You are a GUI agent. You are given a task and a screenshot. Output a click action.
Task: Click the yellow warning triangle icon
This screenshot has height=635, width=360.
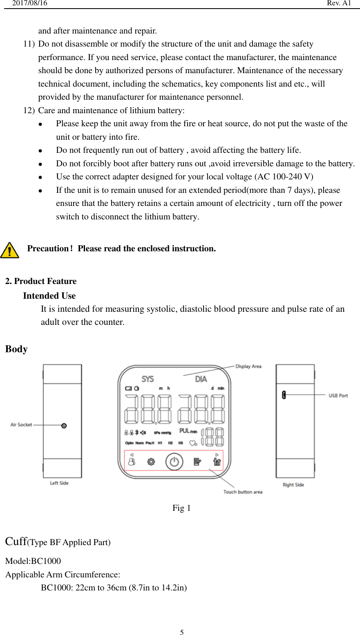coord(10,250)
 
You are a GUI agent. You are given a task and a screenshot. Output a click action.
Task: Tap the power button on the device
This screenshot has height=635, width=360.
coord(174,462)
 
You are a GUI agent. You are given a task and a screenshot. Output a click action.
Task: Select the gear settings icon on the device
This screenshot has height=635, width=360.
coord(151,462)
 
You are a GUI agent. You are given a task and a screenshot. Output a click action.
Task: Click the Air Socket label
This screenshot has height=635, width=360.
coord(21,425)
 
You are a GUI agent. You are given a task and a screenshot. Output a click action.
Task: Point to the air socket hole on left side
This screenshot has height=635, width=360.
coord(64,425)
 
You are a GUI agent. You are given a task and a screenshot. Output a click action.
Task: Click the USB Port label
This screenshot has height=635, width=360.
coord(338,396)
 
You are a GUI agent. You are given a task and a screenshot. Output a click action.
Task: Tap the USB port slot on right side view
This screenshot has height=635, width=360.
coord(284,395)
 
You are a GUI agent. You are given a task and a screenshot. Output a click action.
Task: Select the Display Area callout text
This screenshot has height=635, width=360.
coord(248,366)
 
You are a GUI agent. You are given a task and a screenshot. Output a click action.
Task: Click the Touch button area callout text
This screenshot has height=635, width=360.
coord(243,492)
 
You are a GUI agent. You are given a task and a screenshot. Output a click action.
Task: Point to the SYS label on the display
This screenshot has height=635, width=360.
coord(148,379)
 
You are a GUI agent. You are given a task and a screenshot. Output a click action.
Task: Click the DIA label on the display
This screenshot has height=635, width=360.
coord(201,379)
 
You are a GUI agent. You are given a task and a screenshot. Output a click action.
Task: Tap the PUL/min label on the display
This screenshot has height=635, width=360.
coord(188,431)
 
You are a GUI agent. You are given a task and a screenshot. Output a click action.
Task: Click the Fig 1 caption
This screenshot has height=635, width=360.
coord(181,508)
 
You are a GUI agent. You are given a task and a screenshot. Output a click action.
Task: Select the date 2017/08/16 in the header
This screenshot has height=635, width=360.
coord(29,3)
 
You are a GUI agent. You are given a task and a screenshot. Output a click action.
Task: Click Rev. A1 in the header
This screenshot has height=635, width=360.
coord(339,3)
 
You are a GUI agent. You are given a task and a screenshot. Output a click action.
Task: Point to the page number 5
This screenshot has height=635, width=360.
coord(182,632)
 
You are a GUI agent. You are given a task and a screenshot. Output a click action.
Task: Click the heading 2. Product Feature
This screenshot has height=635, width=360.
coord(41,281)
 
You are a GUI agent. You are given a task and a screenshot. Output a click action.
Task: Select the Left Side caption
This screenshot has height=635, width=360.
coord(59,483)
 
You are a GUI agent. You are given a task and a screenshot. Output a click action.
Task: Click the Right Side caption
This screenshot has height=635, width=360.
coord(293,485)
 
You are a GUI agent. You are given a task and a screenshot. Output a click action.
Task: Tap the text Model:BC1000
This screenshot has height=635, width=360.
coord(33,561)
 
